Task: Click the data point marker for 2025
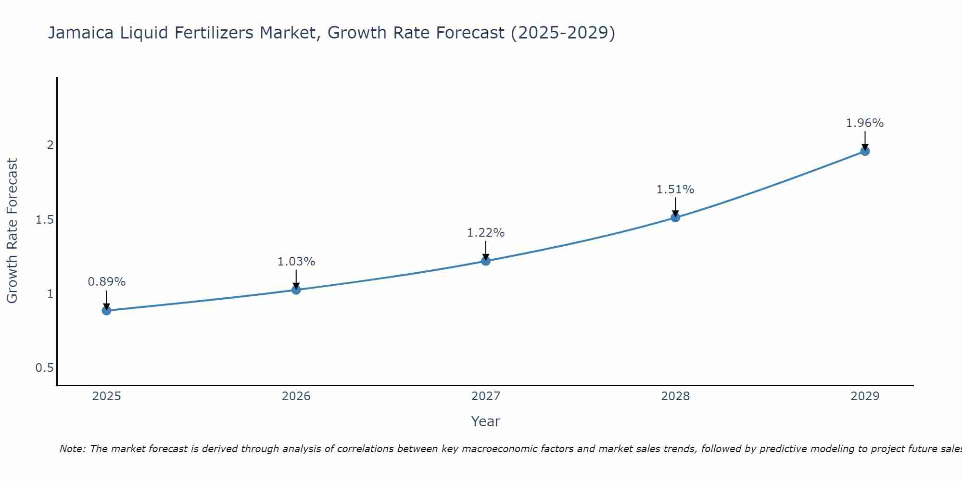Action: tap(107, 310)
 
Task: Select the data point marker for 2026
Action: tap(296, 290)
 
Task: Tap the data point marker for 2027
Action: tap(486, 261)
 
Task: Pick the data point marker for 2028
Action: tap(675, 217)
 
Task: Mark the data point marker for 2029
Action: tap(865, 151)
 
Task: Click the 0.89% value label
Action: tap(107, 282)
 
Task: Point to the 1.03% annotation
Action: tap(296, 262)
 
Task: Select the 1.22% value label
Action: tap(486, 233)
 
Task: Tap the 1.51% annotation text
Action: tap(675, 190)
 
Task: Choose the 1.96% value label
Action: tap(865, 123)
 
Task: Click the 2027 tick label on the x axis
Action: tap(486, 396)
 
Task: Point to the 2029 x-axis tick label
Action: tap(865, 396)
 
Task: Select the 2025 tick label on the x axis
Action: tap(107, 396)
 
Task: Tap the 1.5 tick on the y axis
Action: tap(44, 220)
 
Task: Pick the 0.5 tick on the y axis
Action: tap(44, 368)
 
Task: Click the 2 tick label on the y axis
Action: tap(50, 145)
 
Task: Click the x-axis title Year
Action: tap(486, 421)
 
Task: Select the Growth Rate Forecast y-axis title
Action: tap(12, 231)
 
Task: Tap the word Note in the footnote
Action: tap(72, 449)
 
